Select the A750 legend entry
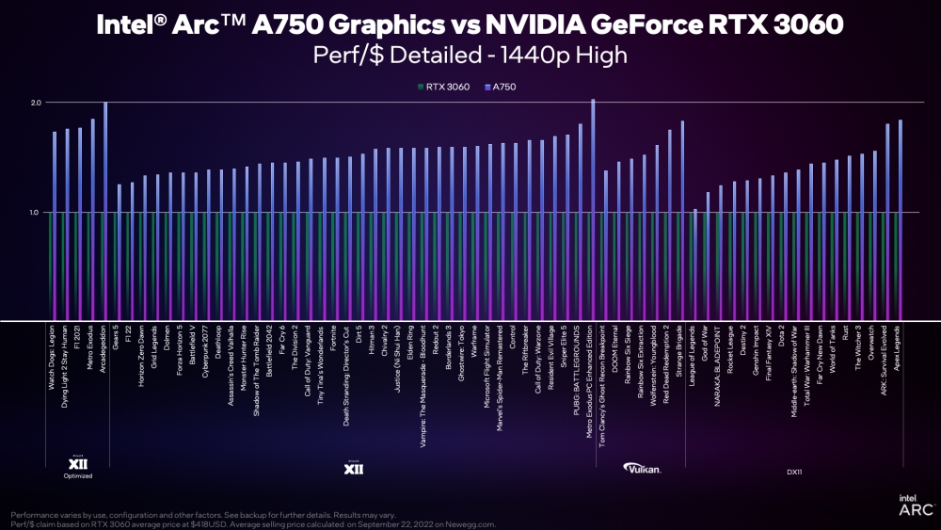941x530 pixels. (x=501, y=87)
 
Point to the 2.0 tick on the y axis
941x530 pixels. (x=35, y=102)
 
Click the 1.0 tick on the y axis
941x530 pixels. (x=35, y=213)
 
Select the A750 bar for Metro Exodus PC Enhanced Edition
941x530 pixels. (x=593, y=207)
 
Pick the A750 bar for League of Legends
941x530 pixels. (x=694, y=264)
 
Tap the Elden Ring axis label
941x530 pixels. (x=411, y=345)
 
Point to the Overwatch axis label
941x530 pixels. (x=874, y=345)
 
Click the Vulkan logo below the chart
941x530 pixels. (x=643, y=468)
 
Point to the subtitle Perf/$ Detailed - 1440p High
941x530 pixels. (x=470, y=56)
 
